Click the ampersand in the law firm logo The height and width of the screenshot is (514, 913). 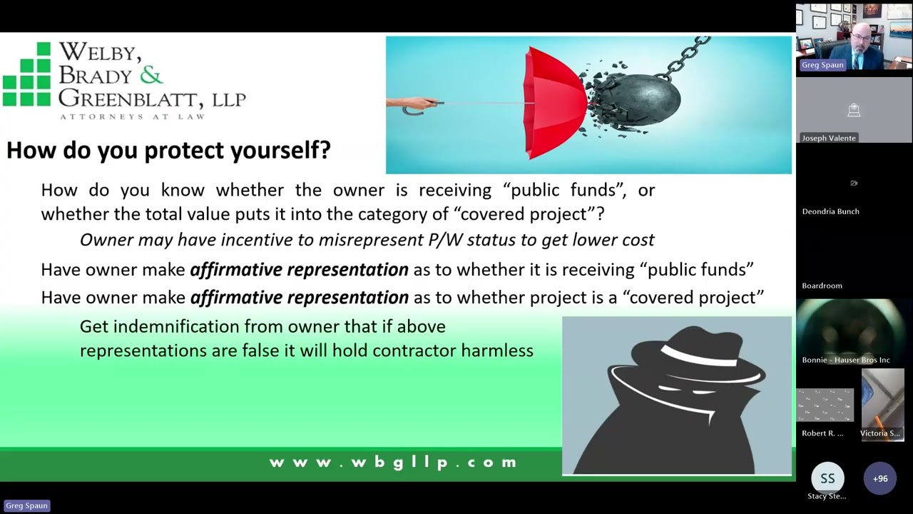tap(151, 74)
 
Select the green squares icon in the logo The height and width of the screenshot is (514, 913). tap(27, 74)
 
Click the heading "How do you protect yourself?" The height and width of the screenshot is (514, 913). tap(168, 150)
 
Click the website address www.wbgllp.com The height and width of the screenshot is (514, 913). tap(393, 463)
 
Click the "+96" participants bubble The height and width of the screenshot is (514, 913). tap(879, 478)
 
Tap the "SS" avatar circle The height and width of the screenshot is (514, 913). tap(827, 478)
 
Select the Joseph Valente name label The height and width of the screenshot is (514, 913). tap(829, 138)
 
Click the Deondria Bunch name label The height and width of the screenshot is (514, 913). tap(830, 211)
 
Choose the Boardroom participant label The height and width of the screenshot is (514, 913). tap(822, 286)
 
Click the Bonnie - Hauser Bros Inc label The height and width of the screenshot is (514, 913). tap(846, 360)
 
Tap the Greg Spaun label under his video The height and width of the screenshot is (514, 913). tap(822, 65)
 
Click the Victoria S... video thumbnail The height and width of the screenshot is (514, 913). tap(882, 407)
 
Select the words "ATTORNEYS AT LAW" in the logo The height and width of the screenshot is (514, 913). tap(132, 116)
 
